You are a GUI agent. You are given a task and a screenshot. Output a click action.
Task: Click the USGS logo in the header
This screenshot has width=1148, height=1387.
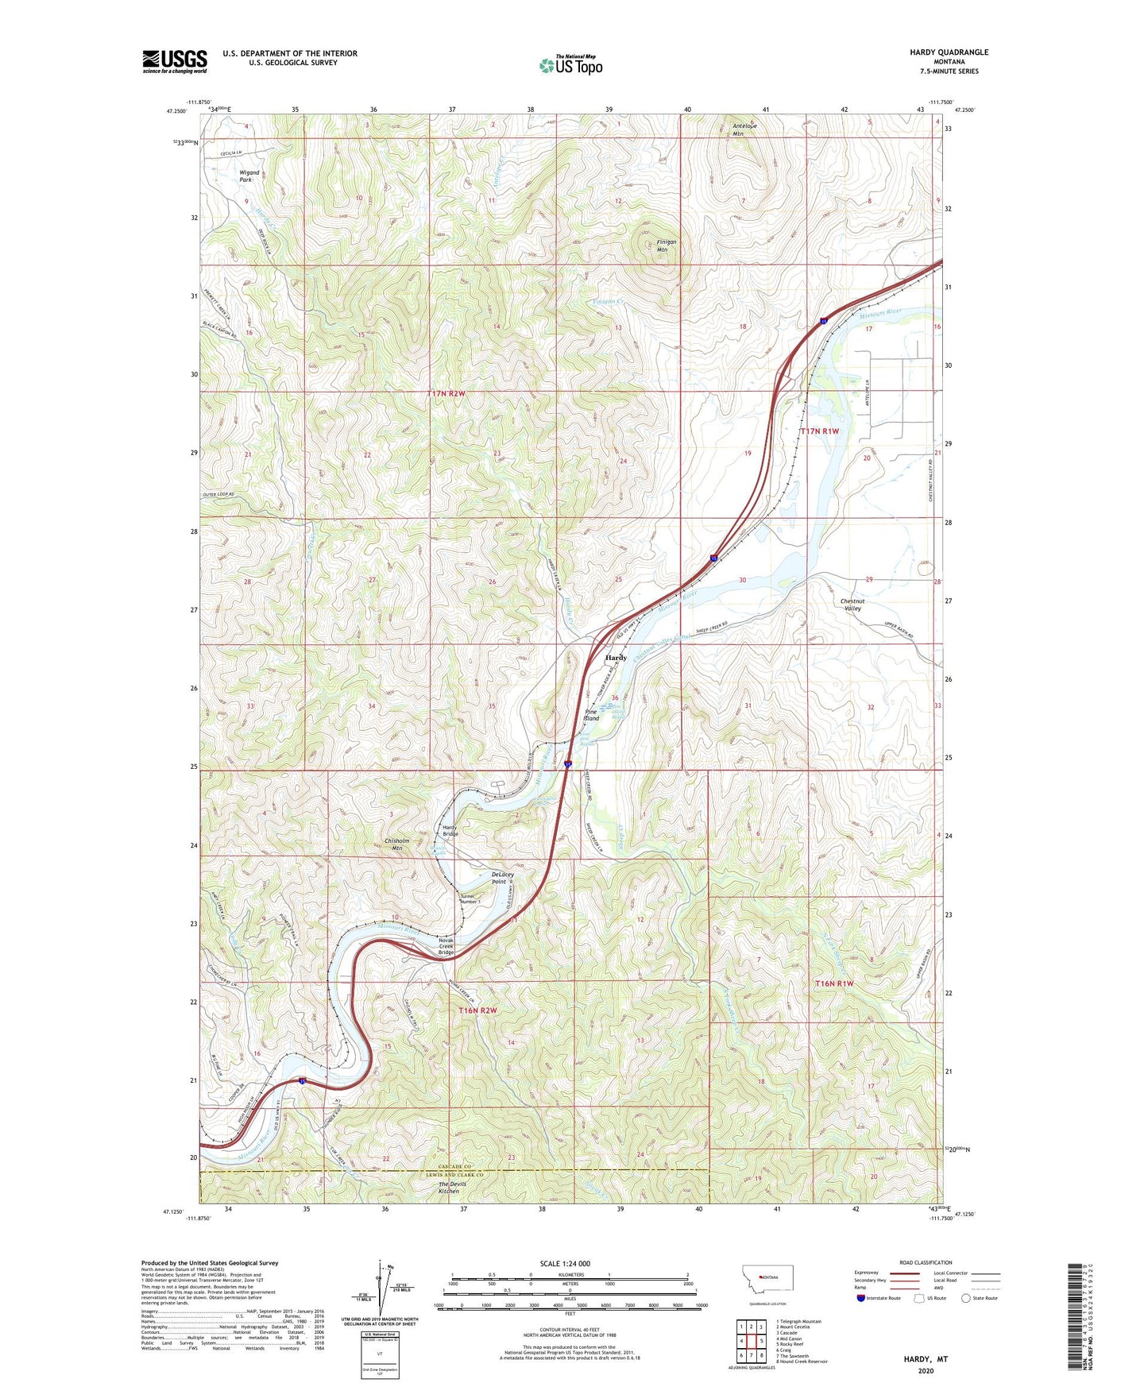[x=175, y=61]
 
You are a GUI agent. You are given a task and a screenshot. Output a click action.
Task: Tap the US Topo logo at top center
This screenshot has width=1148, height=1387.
[x=571, y=65]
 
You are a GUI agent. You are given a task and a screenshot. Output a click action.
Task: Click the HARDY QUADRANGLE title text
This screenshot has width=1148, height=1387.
[x=949, y=52]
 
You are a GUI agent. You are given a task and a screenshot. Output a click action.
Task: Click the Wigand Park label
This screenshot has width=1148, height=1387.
[x=249, y=176]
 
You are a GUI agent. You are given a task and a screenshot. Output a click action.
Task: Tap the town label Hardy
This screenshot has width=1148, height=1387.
[x=616, y=658]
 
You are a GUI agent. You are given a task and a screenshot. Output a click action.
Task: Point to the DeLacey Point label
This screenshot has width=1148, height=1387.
[x=498, y=878]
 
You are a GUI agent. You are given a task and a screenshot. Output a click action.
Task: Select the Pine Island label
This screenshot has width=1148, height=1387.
[x=591, y=715]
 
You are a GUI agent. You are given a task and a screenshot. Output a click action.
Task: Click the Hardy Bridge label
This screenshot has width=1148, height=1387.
[x=450, y=830]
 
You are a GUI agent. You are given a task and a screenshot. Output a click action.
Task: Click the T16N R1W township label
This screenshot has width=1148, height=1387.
[x=834, y=983]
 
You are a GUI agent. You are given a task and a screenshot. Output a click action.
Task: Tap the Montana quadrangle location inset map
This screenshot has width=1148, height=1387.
[x=766, y=1280]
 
